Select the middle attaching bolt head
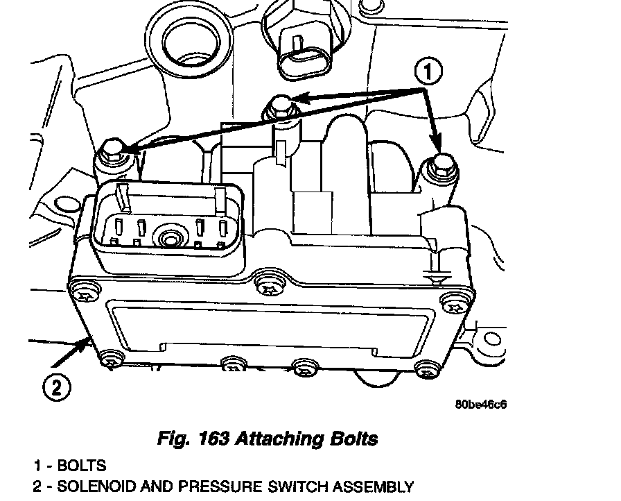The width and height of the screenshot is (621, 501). point(281,105)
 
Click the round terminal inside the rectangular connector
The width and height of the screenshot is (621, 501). point(168,240)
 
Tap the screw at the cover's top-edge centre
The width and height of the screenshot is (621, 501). point(265,284)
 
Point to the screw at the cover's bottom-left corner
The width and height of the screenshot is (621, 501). point(108,359)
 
